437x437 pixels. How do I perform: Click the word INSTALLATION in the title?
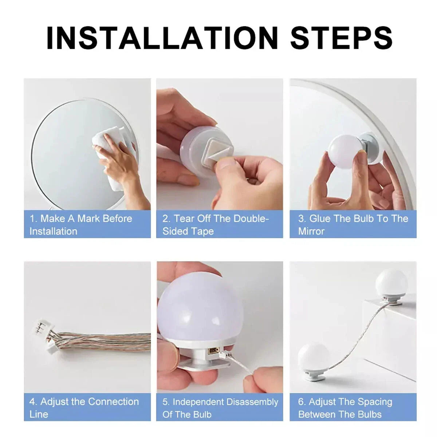162,38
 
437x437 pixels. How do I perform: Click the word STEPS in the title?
342,38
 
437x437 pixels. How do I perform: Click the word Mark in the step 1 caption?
88,219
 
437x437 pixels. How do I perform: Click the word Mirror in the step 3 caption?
311,232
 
